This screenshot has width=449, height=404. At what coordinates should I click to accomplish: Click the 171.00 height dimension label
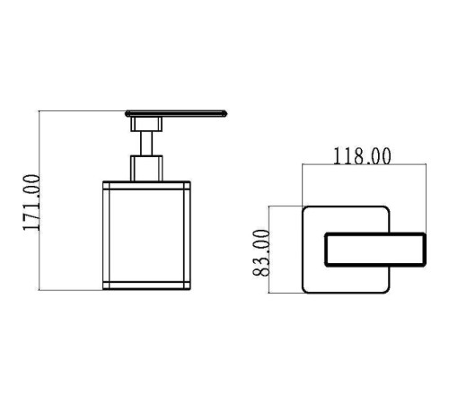[31, 203]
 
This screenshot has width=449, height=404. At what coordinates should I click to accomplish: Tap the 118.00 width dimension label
[362, 156]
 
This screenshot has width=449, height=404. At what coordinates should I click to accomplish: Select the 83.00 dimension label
[261, 253]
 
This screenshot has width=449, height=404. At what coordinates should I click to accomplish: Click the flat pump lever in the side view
[176, 114]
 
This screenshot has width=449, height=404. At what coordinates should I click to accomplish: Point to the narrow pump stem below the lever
[146, 144]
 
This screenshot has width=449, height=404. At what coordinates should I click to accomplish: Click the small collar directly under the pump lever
[146, 124]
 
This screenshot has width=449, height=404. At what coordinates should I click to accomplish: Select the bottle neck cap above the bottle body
[146, 168]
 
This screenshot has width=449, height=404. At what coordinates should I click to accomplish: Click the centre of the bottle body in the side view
[146, 235]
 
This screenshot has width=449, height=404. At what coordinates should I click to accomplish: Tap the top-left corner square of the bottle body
[106, 185]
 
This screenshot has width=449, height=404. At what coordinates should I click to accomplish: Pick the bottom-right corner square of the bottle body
[187, 285]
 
